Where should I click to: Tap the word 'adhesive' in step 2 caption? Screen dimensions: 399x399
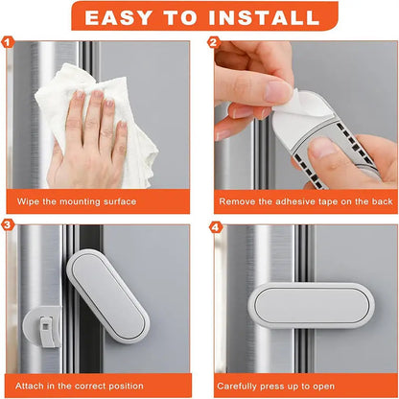293,201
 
